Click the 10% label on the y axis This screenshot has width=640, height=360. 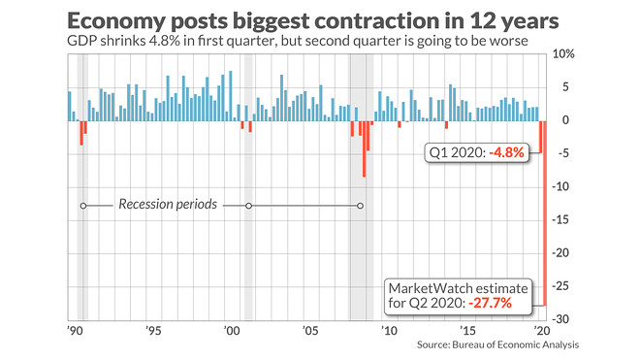tap(563, 54)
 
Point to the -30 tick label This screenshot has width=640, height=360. tap(560, 319)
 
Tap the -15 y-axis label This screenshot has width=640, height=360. tap(560, 220)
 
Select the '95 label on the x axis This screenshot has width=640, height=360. tap(153, 331)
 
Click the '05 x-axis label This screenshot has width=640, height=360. tap(310, 331)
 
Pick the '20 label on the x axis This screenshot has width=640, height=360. tap(542, 331)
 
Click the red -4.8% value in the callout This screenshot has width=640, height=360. tap(506, 152)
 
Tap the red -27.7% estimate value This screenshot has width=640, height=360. tap(490, 303)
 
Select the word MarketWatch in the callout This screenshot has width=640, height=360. tap(429, 288)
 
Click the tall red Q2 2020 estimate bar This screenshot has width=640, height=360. tap(544, 213)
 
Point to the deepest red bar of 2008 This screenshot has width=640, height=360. tap(364, 148)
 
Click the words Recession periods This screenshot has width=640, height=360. tap(168, 204)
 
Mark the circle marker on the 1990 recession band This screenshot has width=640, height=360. tap(83, 206)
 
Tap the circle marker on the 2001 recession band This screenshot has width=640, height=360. tap(248, 206)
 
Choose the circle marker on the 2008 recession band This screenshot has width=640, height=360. tap(360, 206)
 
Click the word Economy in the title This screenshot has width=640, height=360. tap(116, 21)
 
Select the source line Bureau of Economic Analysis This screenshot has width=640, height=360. tap(516, 344)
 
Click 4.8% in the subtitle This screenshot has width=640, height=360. tap(164, 41)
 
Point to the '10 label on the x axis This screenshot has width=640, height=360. tap(389, 331)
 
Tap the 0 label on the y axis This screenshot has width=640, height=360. tap(565, 120)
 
